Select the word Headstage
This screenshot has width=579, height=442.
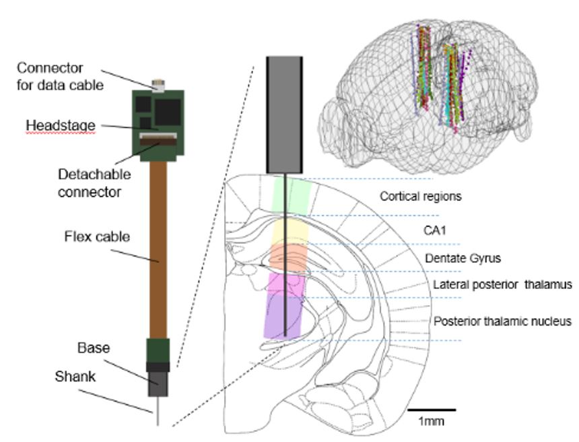click(61, 125)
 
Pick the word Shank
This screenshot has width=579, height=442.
click(75, 377)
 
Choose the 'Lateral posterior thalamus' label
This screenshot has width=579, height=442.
click(502, 285)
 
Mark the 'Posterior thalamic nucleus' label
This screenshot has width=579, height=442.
click(503, 321)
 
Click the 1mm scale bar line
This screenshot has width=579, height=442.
click(432, 409)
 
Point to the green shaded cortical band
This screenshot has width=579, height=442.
click(292, 196)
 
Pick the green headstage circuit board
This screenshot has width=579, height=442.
click(158, 121)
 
